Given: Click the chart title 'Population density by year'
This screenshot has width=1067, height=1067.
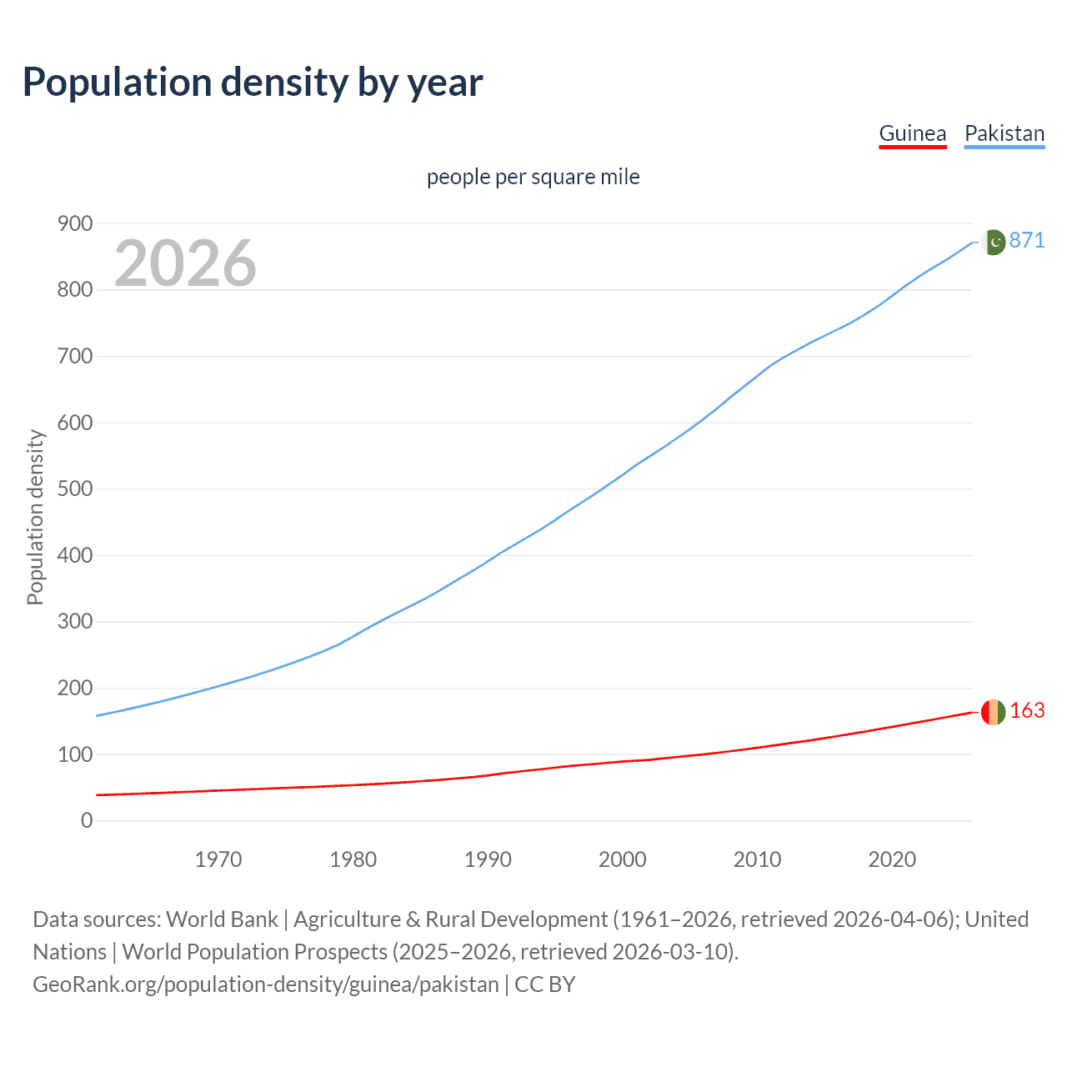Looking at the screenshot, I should (x=253, y=83).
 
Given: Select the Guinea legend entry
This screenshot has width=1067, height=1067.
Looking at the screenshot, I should (x=913, y=133).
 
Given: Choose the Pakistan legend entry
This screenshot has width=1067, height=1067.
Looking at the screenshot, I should (x=1004, y=133).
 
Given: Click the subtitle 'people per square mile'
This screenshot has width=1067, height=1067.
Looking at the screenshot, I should (x=533, y=177).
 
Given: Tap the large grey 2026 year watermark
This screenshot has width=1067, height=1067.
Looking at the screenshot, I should (x=185, y=263).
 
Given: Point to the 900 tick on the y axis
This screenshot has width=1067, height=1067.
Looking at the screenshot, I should (x=75, y=223).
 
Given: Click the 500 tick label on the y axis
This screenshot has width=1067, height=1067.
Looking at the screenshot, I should (x=75, y=488).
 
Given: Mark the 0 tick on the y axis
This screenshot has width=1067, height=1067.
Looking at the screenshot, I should (x=87, y=820).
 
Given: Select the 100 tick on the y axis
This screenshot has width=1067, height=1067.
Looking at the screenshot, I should (x=75, y=754).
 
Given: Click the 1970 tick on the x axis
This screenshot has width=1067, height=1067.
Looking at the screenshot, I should (x=218, y=859).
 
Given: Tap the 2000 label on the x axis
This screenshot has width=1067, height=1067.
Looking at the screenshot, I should (x=623, y=859).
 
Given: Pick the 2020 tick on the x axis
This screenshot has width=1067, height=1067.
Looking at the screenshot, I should (x=892, y=859).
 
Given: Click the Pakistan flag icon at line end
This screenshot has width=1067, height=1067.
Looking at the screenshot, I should (x=994, y=242).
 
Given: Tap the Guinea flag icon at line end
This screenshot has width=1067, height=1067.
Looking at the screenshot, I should (x=993, y=712).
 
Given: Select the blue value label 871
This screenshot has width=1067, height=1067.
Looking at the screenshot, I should (x=1027, y=240).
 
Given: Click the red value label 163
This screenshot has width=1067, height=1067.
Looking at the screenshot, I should (x=1027, y=710).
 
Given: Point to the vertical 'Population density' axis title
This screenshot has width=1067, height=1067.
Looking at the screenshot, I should (x=35, y=517).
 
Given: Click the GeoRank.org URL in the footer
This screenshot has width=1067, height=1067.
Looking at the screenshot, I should (x=265, y=984).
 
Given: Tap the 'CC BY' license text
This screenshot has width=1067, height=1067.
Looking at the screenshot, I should (x=545, y=984).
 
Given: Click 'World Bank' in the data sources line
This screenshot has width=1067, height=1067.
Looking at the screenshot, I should (x=222, y=919).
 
